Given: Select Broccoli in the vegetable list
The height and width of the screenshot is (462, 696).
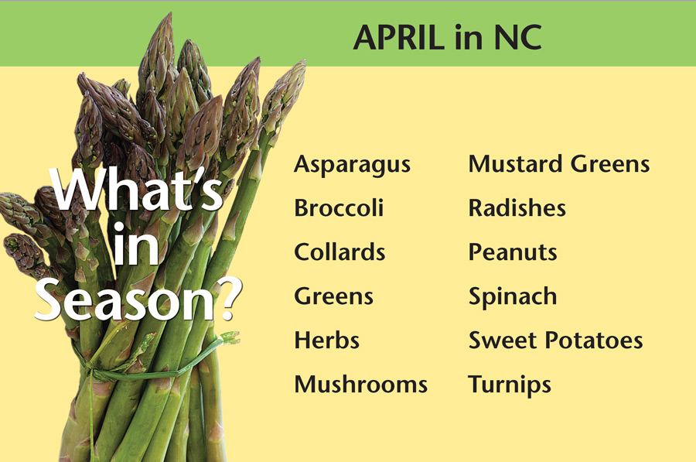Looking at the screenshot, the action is tap(339, 208).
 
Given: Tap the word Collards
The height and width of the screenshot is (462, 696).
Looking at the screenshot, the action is tap(339, 252).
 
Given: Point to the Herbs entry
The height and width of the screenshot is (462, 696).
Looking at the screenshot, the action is tap(326, 341).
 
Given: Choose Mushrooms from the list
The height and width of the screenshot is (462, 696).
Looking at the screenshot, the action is tap(361, 385).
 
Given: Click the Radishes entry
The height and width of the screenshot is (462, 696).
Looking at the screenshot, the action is tap(517, 208).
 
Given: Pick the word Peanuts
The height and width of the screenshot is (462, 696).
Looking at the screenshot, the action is tap(513, 252).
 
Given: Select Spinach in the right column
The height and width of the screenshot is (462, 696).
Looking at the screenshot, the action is tap(513, 296).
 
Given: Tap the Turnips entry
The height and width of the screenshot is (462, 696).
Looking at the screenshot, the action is tap(510, 385).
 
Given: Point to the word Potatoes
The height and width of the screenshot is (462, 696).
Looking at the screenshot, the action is tap(594, 341).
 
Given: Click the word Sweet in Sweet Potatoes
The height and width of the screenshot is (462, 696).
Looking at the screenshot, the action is tap(503, 341).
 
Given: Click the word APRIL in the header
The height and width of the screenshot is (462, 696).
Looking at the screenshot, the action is tap(399, 37).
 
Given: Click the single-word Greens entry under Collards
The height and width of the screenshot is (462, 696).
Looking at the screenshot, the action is tap(334, 296).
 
